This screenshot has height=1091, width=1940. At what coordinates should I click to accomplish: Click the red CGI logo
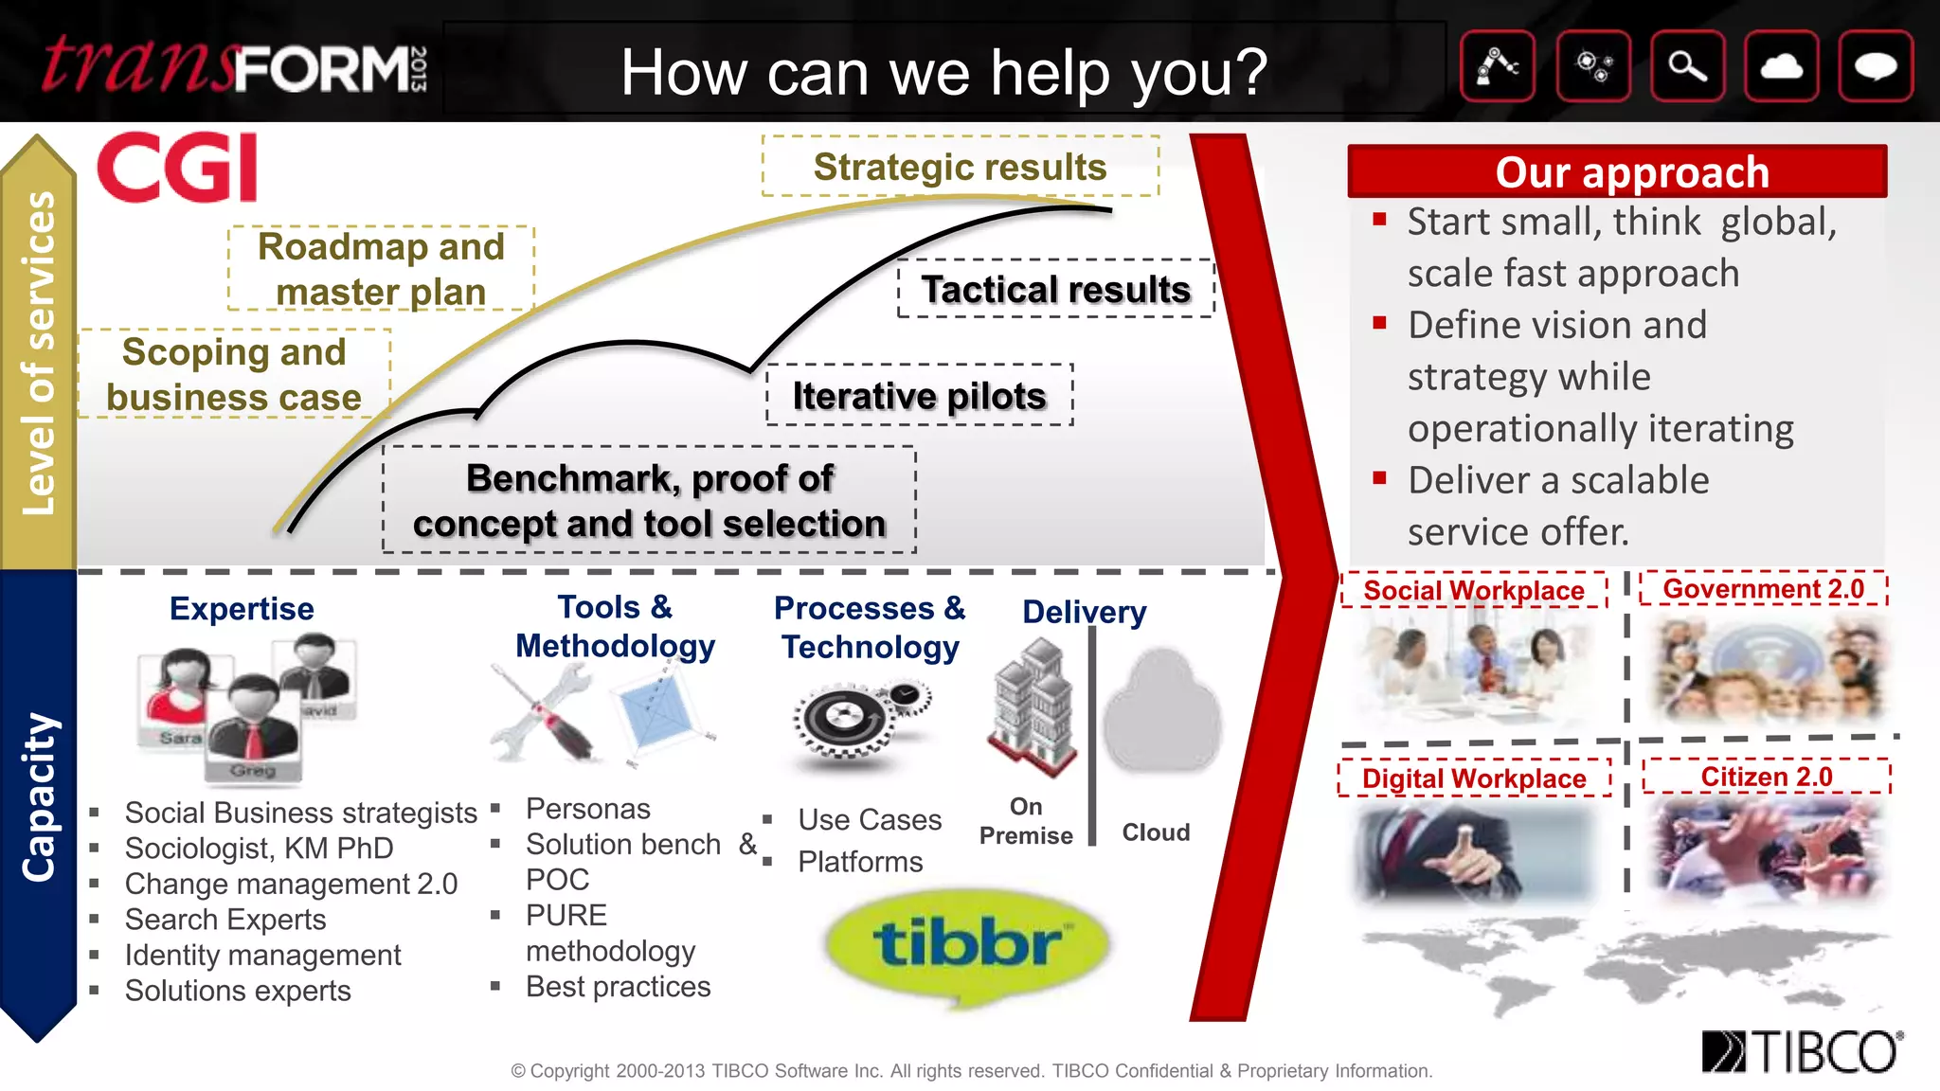177,167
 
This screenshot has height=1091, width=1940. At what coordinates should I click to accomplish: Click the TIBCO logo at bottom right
1802,1052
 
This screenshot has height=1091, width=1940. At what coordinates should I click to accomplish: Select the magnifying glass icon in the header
1687,66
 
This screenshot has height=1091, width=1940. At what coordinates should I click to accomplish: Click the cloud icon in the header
1781,66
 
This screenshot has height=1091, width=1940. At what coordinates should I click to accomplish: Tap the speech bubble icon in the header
1875,66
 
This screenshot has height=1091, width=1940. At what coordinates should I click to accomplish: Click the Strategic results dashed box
960,167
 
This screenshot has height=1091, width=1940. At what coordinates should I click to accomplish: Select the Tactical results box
1055,289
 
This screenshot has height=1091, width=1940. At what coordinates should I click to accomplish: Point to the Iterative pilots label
919,395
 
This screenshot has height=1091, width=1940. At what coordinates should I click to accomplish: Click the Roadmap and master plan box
381,269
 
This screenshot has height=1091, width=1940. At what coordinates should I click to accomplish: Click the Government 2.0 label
1763,589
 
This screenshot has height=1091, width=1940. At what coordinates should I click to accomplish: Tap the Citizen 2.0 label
1766,777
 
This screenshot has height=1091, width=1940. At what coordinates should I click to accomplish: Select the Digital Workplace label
1474,778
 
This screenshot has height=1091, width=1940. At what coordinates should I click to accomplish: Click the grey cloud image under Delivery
1161,712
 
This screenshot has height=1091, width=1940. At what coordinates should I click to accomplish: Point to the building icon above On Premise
1032,706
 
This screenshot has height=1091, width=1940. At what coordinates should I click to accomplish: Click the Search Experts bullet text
225,920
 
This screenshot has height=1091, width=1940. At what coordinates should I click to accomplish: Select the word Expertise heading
242,608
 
